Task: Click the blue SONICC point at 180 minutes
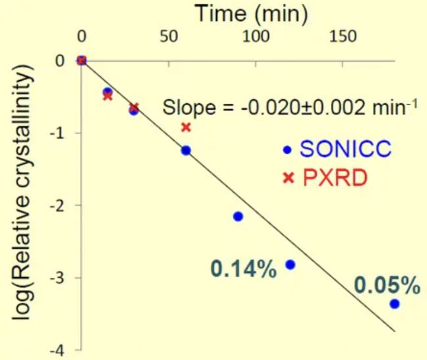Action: point(394,304)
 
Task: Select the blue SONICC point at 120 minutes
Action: point(290,265)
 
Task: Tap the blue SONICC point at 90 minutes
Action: point(238,216)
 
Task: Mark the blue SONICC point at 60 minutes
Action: point(186,150)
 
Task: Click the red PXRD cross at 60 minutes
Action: point(186,127)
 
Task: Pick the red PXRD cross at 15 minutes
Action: point(108,97)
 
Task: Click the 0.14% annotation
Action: point(243,269)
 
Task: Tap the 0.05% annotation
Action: point(387,285)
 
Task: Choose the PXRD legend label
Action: point(326,177)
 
